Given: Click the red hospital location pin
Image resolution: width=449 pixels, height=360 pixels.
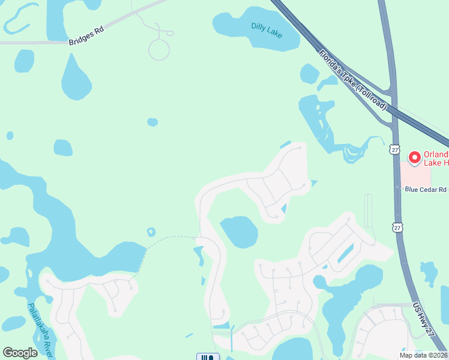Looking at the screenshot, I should click(414, 158).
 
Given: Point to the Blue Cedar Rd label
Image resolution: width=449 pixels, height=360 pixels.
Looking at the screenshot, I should click(426, 190).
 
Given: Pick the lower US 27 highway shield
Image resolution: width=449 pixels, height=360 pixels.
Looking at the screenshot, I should click(397, 227).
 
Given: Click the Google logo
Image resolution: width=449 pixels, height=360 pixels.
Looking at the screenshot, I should click(20, 353).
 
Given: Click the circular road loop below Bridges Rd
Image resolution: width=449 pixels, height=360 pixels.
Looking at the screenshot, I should click(159, 49).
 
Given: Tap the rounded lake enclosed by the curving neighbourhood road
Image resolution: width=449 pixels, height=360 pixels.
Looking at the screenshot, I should click(239, 232).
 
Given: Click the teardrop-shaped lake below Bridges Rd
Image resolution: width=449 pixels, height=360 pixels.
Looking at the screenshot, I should click(76, 80).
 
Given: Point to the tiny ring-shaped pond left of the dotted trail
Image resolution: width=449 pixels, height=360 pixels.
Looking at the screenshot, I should click(151, 232).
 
